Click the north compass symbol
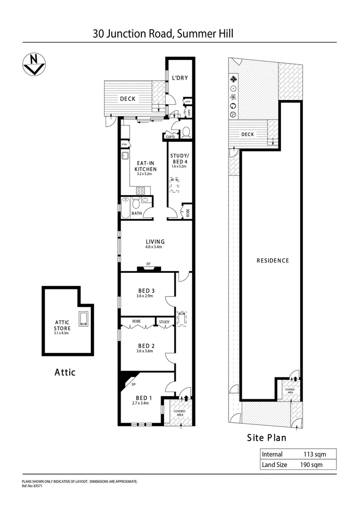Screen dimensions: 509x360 33,64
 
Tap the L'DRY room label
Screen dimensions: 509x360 180,78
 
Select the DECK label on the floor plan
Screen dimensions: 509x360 127,99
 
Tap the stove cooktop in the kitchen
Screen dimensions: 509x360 140,190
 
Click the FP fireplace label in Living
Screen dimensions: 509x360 148,264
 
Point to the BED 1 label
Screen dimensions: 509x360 141,397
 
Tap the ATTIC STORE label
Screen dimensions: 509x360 62,325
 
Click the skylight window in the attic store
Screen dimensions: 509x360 84,319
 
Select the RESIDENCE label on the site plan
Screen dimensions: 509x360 272,261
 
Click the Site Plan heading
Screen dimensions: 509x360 267,437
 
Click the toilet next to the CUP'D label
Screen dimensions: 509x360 186,131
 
